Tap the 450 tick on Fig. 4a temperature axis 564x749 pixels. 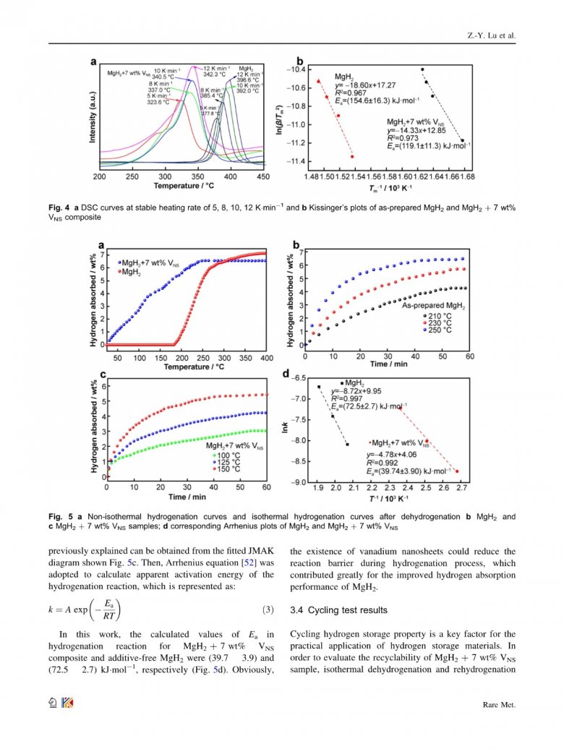pos(263,176)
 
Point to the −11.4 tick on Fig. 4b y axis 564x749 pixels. pos(295,161)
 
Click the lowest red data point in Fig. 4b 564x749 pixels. pos(352,156)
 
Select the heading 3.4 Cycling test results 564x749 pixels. pos(333,609)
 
